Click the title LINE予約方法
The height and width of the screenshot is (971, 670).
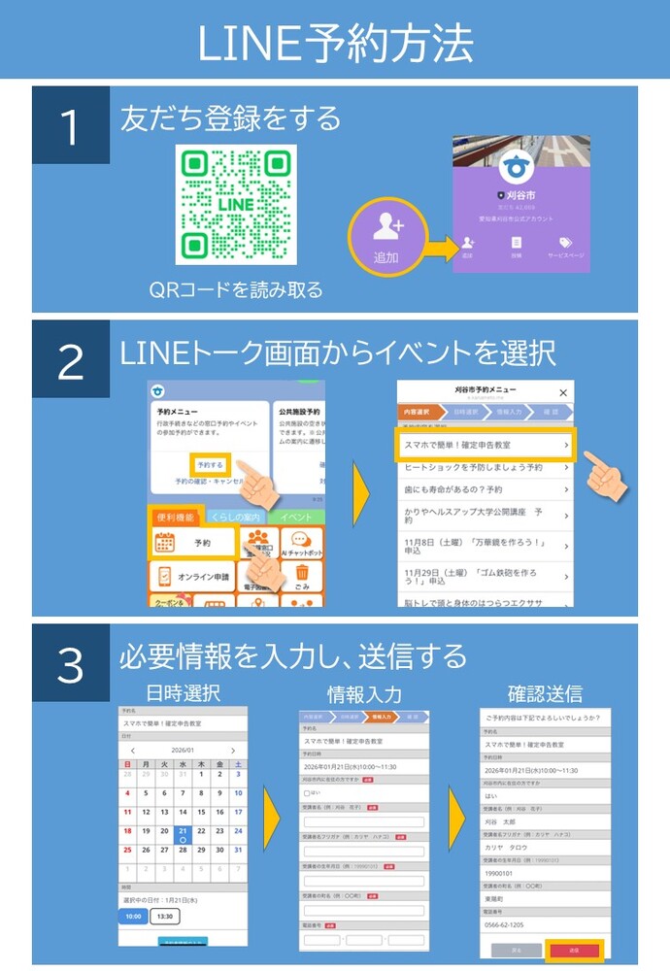[x=335, y=41]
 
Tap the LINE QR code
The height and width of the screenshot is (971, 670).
[x=236, y=205]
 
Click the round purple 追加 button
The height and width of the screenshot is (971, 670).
[x=386, y=236]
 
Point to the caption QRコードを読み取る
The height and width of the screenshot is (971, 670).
[x=236, y=289]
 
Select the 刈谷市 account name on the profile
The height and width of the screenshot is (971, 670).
[x=521, y=194]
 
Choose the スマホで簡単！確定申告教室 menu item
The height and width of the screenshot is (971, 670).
[x=486, y=445]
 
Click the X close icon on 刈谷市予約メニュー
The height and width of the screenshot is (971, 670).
[x=563, y=392]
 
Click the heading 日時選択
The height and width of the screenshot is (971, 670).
[x=183, y=693]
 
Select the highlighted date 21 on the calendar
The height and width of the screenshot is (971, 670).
[x=183, y=831]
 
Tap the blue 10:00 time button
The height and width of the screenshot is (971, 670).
[x=133, y=916]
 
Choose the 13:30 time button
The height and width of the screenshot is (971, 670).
[x=165, y=916]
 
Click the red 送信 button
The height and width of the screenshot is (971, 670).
[x=573, y=950]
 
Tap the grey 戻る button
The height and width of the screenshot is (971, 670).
[x=516, y=950]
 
